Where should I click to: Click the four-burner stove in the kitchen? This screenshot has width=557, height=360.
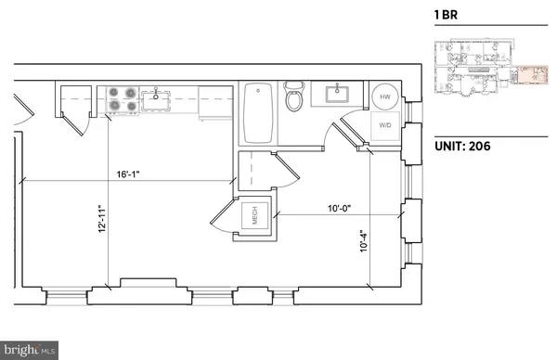123,99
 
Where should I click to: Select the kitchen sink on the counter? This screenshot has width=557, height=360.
161,96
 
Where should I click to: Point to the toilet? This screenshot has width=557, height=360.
294,96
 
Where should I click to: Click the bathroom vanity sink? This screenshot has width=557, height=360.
335,93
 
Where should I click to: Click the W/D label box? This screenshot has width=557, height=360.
384,125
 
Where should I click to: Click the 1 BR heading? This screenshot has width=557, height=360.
447,16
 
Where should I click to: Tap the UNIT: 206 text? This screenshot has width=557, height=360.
461,146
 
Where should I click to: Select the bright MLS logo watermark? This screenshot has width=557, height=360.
29,350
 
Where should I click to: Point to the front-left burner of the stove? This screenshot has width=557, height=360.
116,106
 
